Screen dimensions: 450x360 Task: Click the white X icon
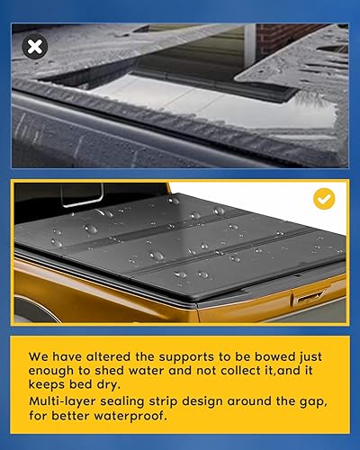(34, 47)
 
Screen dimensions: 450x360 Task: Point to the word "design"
(210, 404)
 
